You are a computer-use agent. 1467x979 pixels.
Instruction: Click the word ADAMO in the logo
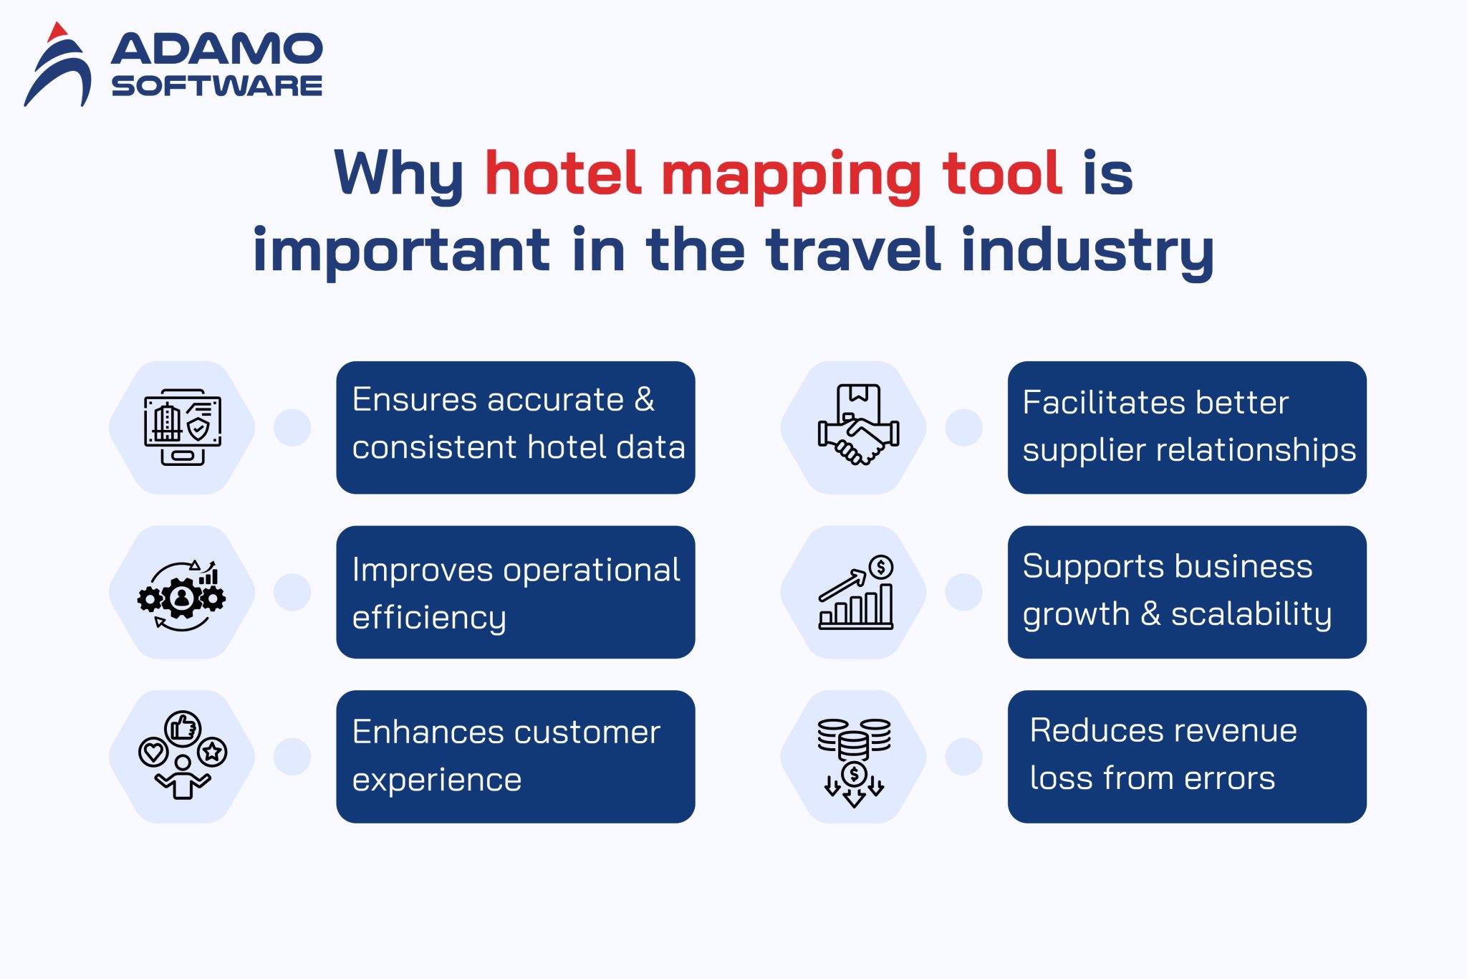pyautogui.click(x=217, y=49)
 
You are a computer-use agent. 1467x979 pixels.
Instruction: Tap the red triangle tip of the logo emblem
pyautogui.click(x=57, y=31)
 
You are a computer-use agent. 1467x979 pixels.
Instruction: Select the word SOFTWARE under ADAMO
pyautogui.click(x=217, y=86)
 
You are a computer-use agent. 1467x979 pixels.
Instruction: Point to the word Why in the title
pyautogui.click(x=399, y=174)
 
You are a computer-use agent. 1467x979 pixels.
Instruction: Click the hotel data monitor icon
pyautogui.click(x=183, y=427)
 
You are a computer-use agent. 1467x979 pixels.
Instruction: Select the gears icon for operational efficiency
pyautogui.click(x=182, y=596)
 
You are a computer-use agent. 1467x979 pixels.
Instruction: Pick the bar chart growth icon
pyautogui.click(x=856, y=593)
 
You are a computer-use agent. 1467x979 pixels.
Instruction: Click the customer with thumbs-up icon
pyautogui.click(x=183, y=755)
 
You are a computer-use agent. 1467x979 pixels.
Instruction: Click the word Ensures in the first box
pyautogui.click(x=415, y=399)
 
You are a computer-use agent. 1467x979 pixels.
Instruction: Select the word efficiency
pyautogui.click(x=429, y=618)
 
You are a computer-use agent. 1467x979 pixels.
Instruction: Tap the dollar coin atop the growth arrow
pyautogui.click(x=881, y=567)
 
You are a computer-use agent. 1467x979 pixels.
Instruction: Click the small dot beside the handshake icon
pyautogui.click(x=963, y=428)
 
